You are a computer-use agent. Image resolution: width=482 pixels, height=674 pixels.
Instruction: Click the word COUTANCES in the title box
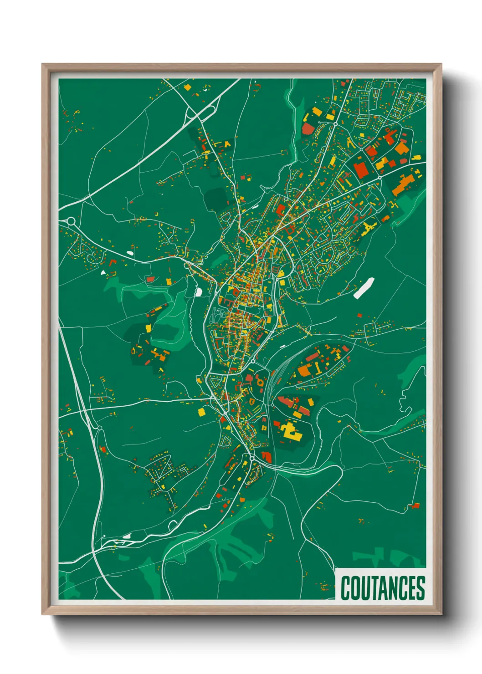pos(383,588)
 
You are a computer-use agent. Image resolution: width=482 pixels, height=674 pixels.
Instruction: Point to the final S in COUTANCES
pos(420,588)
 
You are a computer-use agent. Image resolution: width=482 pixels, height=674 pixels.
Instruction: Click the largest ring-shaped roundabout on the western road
pos(71,221)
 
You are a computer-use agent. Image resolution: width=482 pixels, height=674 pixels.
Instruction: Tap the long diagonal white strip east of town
pos(364,288)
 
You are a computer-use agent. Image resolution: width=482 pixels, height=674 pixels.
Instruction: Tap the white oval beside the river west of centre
pos(199,291)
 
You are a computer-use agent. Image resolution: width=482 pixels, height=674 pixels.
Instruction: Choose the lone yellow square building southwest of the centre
pos(201,412)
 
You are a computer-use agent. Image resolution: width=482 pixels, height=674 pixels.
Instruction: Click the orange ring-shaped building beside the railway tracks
pos(260,382)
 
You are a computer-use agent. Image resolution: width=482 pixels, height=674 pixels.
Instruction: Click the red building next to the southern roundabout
pos(267,456)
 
